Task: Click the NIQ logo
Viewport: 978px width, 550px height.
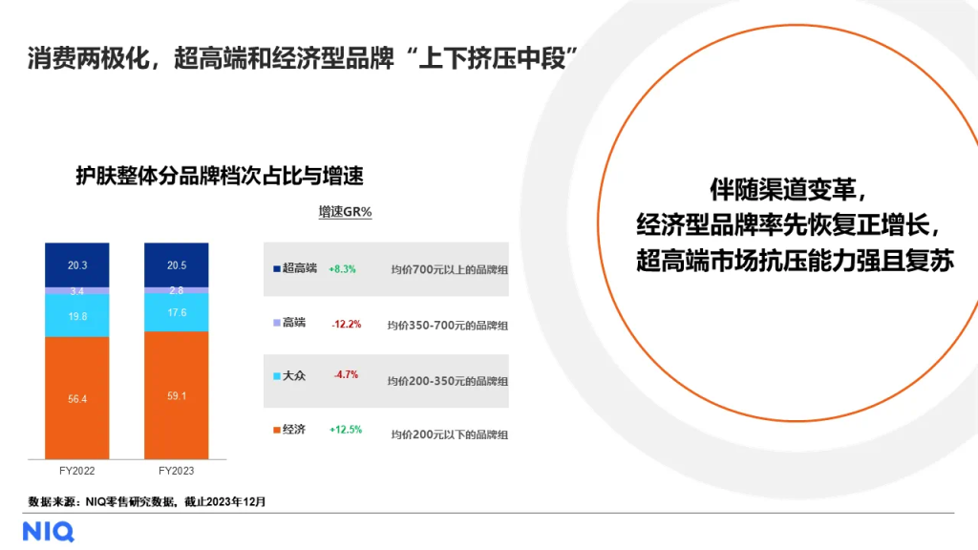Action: click(49, 532)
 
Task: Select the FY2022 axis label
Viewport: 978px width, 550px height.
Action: click(76, 471)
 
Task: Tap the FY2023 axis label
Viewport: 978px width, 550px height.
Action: click(176, 471)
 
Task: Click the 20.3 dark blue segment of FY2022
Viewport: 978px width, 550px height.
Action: click(76, 265)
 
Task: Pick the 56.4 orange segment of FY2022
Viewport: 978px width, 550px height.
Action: click(76, 398)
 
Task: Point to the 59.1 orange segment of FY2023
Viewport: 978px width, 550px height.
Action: click(177, 395)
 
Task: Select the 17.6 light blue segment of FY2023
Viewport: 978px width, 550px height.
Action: click(177, 312)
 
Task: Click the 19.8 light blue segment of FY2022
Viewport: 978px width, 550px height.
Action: click(76, 315)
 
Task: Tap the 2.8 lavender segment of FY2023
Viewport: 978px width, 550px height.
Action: click(177, 290)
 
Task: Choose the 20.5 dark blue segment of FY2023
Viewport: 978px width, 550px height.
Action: click(177, 265)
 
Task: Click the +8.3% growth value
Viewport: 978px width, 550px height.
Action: click(343, 269)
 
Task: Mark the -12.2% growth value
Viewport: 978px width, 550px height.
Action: click(346, 325)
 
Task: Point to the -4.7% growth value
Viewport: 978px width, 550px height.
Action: click(346, 374)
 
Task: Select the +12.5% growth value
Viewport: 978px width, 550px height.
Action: click(346, 430)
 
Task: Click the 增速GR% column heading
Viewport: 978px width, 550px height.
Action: click(345, 212)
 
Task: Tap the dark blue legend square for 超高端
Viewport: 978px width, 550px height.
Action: click(276, 268)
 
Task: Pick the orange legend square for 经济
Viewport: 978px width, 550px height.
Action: click(276, 431)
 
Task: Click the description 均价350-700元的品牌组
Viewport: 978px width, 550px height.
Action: click(447, 326)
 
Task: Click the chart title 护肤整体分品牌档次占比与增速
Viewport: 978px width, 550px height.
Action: click(220, 176)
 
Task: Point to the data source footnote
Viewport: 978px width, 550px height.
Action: click(146, 501)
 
